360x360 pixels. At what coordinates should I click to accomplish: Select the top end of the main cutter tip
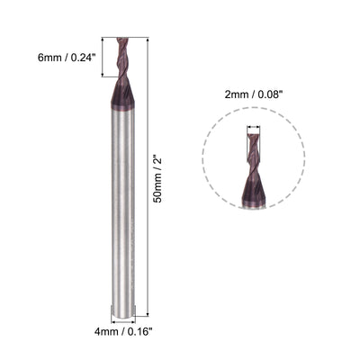[120, 40]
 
